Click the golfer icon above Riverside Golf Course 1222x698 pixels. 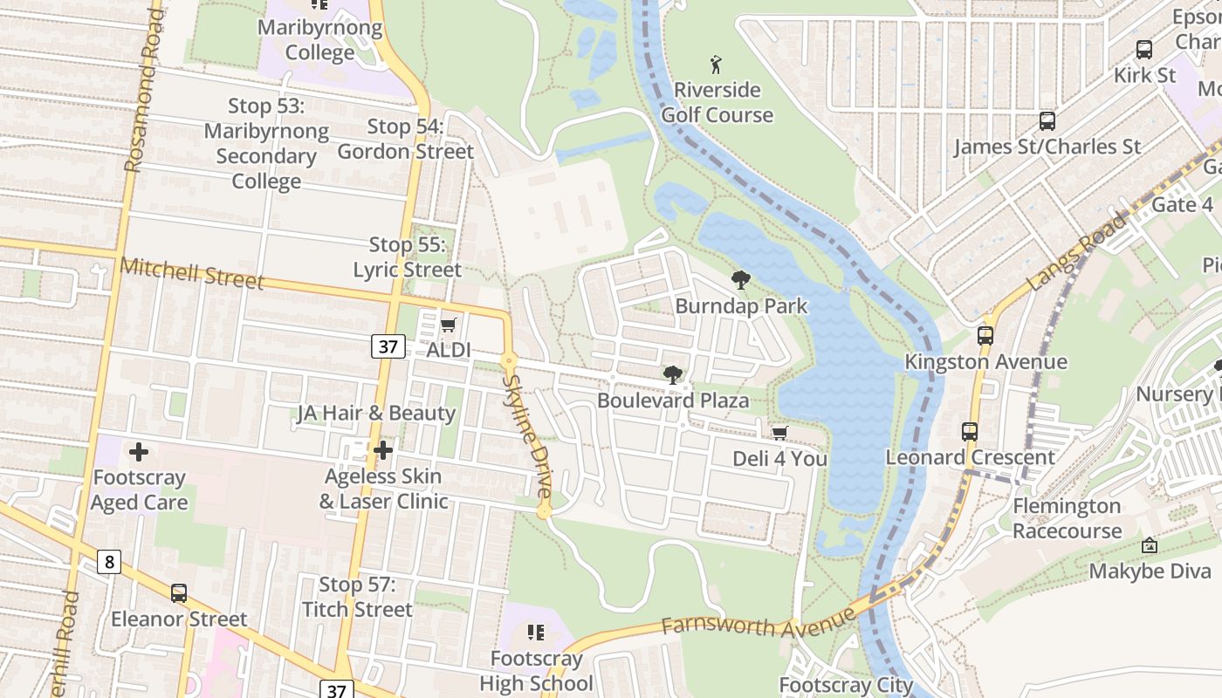[717, 65]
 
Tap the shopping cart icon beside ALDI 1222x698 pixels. [448, 325]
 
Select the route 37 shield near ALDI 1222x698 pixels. [388, 346]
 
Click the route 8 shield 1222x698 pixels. [108, 561]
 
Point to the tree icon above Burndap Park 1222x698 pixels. [741, 280]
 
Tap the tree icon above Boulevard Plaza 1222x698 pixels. [672, 375]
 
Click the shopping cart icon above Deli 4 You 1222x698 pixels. [779, 433]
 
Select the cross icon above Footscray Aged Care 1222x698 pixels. [138, 452]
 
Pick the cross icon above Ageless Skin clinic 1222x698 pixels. [382, 450]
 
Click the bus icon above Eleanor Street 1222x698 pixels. [179, 593]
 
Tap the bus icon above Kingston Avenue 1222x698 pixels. [985, 335]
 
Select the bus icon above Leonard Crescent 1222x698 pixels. [969, 431]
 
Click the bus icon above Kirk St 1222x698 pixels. [1143, 50]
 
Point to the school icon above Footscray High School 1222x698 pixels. [536, 632]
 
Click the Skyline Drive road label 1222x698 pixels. [528, 436]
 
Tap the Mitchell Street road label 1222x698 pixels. [192, 273]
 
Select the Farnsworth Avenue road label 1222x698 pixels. [758, 621]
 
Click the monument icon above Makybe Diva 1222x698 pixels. [1150, 545]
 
